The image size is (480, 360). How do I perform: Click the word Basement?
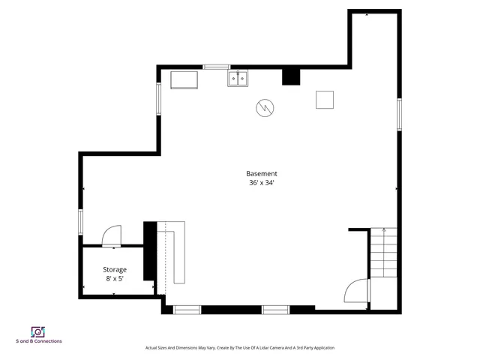coord(262,173)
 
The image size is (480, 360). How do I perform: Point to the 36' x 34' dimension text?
coord(262,182)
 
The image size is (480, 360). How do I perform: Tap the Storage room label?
coord(115,269)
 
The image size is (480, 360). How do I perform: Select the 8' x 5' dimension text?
coord(115,279)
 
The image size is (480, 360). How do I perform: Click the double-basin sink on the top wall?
coord(239,78)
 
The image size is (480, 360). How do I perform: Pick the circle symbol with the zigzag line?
coord(265,109)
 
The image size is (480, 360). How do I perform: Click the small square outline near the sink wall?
coord(324,99)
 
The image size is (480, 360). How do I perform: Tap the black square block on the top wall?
coord(290,76)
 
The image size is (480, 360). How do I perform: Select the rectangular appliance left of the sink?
coord(184,79)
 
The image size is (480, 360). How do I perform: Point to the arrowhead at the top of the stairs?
coord(383,229)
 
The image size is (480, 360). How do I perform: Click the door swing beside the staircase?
coord(355,290)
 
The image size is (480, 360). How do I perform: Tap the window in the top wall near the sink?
coord(217,67)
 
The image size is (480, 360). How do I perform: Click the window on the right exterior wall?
coord(399,112)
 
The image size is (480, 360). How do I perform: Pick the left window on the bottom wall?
coord(187,308)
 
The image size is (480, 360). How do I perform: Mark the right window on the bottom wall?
coord(275,308)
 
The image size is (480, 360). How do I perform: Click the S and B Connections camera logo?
coord(38,331)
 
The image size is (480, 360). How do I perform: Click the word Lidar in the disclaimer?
coord(254,348)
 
